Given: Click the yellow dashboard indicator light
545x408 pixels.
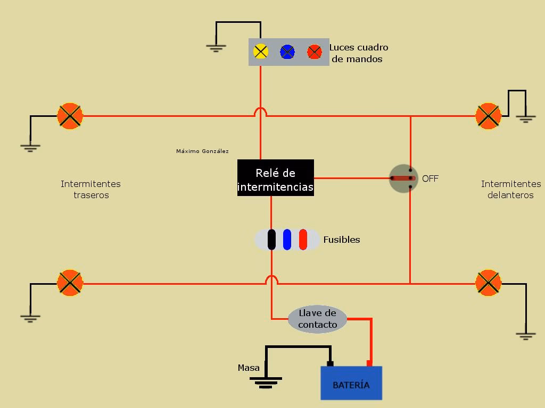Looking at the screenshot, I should pyautogui.click(x=260, y=52).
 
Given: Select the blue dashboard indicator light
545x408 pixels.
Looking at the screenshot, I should pyautogui.click(x=287, y=52).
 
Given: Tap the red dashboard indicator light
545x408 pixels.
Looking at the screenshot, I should pyautogui.click(x=315, y=52).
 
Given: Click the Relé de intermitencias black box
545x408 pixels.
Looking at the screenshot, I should pyautogui.click(x=275, y=178).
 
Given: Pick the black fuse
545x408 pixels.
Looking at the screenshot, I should pyautogui.click(x=271, y=240).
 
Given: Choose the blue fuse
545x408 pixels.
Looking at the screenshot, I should pyautogui.click(x=287, y=240).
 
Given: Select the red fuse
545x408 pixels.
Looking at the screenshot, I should pyautogui.click(x=303, y=240).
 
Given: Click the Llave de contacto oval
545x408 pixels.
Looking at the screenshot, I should pyautogui.click(x=317, y=319).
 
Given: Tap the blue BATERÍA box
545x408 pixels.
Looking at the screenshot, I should pyautogui.click(x=351, y=384).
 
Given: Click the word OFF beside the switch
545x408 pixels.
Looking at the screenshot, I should pyautogui.click(x=430, y=179).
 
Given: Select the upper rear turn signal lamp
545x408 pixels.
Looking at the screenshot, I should pyautogui.click(x=70, y=116).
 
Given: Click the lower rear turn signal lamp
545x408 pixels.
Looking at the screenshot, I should pyautogui.click(x=70, y=283).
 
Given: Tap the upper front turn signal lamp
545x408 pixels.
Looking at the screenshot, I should pyautogui.click(x=488, y=116).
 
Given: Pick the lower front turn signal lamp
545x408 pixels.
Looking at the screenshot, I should pyautogui.click(x=488, y=283).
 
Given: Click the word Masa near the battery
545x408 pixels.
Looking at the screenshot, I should pyautogui.click(x=249, y=368).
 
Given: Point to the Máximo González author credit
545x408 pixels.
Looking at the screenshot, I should pyautogui.click(x=202, y=151).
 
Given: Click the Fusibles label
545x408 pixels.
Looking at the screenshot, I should pyautogui.click(x=342, y=240).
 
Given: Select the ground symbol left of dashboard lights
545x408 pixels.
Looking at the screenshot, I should pyautogui.click(x=216, y=48).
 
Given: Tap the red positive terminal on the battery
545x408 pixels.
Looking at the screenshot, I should pyautogui.click(x=369, y=363).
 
